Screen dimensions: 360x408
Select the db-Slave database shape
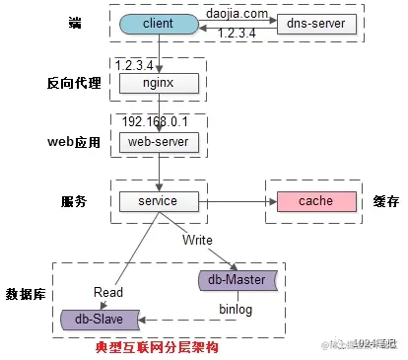click(99, 319)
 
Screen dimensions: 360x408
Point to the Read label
click(108, 292)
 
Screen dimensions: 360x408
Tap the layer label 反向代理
click(74, 83)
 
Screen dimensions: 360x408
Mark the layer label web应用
click(74, 142)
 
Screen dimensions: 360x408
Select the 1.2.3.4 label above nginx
click(136, 65)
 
